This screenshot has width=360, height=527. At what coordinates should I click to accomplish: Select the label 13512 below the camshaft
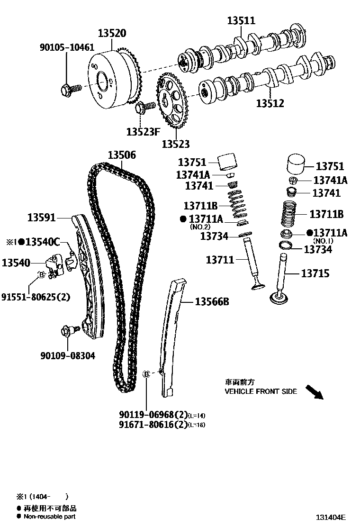tap(270, 103)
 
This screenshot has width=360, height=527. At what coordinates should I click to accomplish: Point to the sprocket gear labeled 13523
tap(172, 102)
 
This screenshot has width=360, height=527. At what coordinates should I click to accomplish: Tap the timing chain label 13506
tap(122, 155)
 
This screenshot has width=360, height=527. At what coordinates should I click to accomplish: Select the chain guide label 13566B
tap(212, 301)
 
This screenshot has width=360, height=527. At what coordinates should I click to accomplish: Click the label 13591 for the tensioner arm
tap(42, 218)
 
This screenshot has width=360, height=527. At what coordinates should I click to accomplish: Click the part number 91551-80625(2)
tap(36, 297)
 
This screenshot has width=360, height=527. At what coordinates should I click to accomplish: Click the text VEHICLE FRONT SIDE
tap(261, 391)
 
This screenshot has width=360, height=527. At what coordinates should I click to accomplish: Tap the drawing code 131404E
tap(332, 518)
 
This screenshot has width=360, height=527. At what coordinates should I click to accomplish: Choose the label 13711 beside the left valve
tap(220, 260)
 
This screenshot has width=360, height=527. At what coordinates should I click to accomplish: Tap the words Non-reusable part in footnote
tap(50, 517)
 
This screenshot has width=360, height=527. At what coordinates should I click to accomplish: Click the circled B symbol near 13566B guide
tap(146, 374)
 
